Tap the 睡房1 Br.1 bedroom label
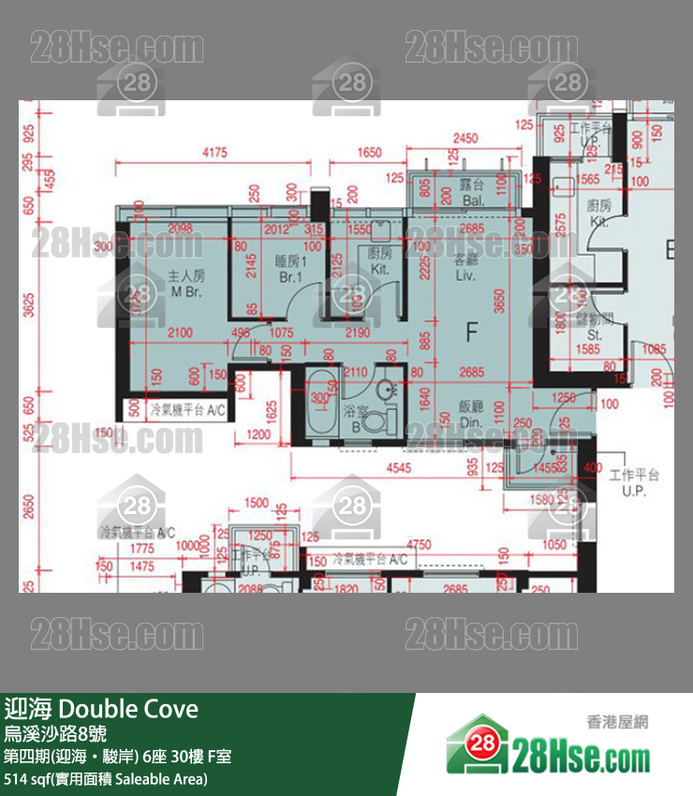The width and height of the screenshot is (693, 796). [287, 270]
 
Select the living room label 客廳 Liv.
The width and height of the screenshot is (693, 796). [465, 268]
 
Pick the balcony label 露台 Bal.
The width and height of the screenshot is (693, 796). [471, 194]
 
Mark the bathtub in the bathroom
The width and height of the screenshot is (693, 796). [321, 404]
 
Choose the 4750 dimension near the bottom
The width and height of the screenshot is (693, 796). [426, 544]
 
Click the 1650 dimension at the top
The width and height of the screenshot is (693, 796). [370, 152]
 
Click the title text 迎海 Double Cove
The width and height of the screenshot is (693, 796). [101, 709]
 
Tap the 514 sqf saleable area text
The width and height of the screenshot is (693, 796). [106, 778]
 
